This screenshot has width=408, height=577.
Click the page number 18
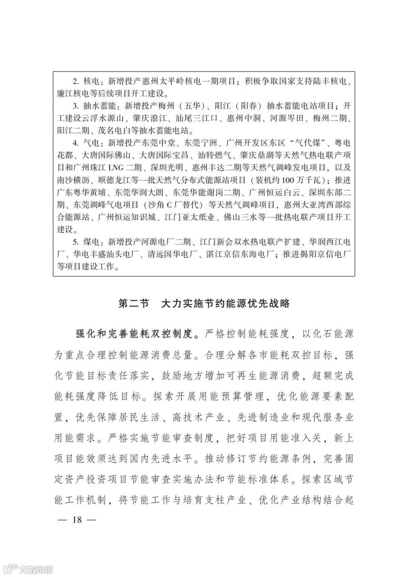click(77, 520)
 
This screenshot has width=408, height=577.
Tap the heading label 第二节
click(134, 304)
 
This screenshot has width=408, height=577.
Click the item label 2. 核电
click(87, 81)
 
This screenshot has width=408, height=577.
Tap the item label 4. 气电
click(87, 143)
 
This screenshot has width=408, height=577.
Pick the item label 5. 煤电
click(87, 242)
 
